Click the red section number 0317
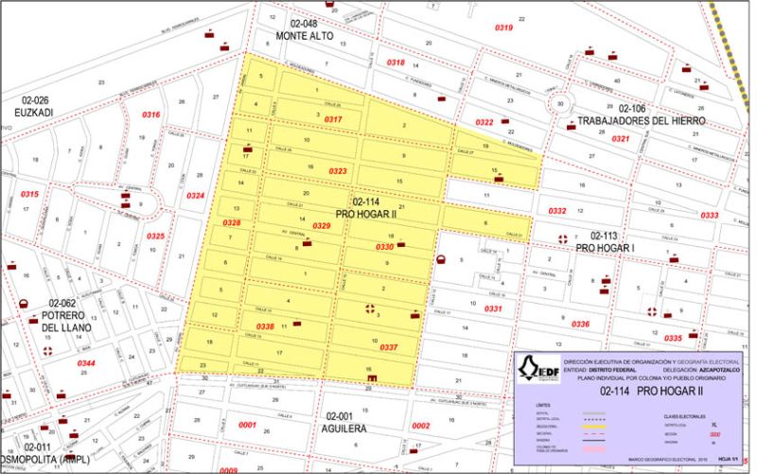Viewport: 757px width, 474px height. pos(333,120)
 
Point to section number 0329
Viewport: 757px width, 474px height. pos(321,226)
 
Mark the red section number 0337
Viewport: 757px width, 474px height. pos(388,347)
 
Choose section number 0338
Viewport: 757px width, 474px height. pos(266,326)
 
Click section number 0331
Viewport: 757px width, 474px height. pos(493,308)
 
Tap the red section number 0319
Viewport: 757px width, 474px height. pos(504,27)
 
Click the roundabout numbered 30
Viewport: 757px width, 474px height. pos(562,104)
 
